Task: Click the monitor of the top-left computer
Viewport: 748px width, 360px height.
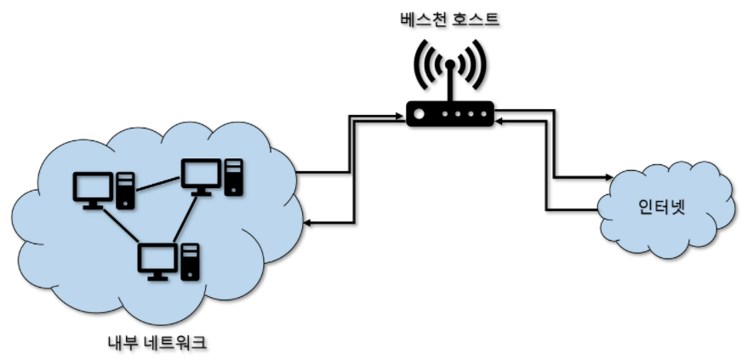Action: [92, 187]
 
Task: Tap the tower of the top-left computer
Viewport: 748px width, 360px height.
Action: [125, 190]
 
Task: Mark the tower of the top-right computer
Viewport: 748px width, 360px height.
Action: [232, 177]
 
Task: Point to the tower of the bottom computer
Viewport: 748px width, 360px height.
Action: [191, 261]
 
